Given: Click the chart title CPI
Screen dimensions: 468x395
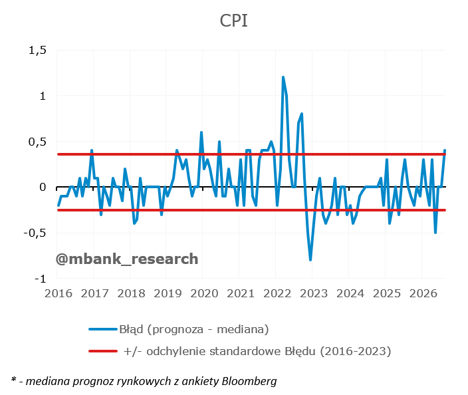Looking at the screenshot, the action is pyautogui.click(x=234, y=21).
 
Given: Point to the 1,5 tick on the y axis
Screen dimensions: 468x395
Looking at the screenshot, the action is pyautogui.click(x=38, y=50).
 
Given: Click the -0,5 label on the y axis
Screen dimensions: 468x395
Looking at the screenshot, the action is pyautogui.click(x=35, y=233).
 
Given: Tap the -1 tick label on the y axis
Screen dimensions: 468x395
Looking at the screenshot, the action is pyautogui.click(x=41, y=279).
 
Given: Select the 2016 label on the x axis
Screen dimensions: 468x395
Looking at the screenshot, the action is pyautogui.click(x=58, y=293).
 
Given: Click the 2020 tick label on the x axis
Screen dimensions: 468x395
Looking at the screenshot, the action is pyautogui.click(x=204, y=293).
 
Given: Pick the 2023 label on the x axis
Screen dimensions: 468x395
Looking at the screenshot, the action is pyautogui.click(x=314, y=293).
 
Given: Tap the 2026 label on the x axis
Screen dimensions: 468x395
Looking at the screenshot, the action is pyautogui.click(x=423, y=293).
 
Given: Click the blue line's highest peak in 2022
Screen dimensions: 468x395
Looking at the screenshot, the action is pyautogui.click(x=283, y=77).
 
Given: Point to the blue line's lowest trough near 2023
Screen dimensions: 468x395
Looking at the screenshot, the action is pyautogui.click(x=310, y=260).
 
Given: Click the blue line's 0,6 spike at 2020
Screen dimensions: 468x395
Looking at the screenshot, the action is pyautogui.click(x=201, y=132).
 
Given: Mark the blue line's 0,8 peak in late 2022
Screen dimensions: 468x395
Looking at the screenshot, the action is pyautogui.click(x=302, y=114).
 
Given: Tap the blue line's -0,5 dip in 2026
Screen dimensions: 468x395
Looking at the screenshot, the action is pyautogui.click(x=435, y=233).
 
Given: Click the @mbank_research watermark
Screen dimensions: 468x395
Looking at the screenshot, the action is pyautogui.click(x=127, y=259).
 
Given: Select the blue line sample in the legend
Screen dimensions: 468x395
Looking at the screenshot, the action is pyautogui.click(x=103, y=329).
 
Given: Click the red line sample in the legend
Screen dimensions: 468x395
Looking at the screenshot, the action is pyautogui.click(x=103, y=351).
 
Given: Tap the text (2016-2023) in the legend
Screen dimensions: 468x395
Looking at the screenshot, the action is pyautogui.click(x=356, y=351).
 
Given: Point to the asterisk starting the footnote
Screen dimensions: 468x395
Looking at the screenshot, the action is pyautogui.click(x=14, y=380).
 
